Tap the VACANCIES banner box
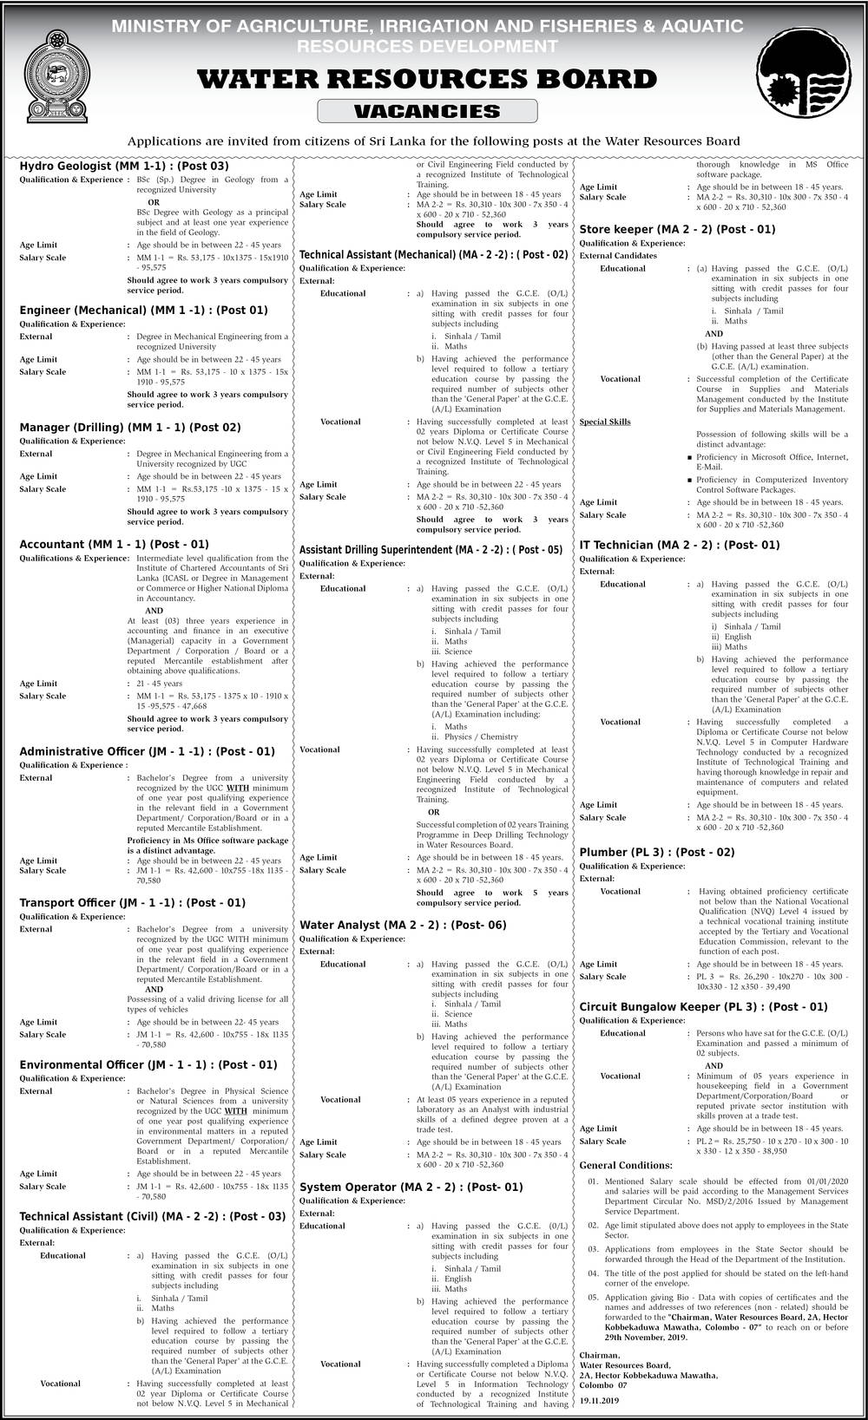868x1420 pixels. (x=426, y=111)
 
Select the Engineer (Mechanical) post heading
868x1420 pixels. (x=143, y=310)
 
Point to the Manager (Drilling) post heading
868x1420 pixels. (x=130, y=427)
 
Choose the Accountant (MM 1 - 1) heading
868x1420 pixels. (x=114, y=545)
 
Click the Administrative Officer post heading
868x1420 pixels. (x=147, y=751)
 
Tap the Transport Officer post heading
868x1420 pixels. (x=132, y=902)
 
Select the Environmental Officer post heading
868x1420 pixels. (x=148, y=1064)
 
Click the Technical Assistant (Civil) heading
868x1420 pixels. (x=153, y=1216)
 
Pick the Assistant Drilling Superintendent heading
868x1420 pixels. (x=431, y=550)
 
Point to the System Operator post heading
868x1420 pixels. (x=411, y=1187)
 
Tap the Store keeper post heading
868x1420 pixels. (x=677, y=229)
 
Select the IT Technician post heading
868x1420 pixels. (x=680, y=545)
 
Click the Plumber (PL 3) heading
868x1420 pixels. (x=657, y=852)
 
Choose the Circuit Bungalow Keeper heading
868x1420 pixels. (x=703, y=1007)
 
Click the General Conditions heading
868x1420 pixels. (x=625, y=1165)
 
